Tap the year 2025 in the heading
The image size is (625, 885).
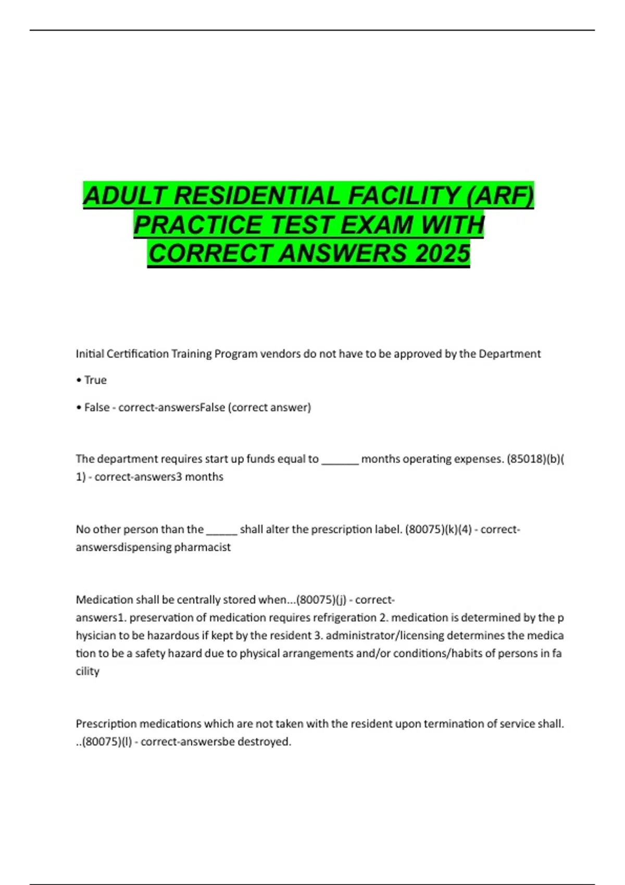click(443, 254)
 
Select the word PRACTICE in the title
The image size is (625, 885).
click(198, 225)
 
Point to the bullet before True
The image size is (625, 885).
click(79, 381)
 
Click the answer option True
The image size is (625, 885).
click(95, 381)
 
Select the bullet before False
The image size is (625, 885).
click(79, 408)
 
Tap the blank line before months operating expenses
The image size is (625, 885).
click(340, 460)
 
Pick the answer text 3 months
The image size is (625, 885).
click(199, 477)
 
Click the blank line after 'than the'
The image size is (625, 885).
click(222, 531)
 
